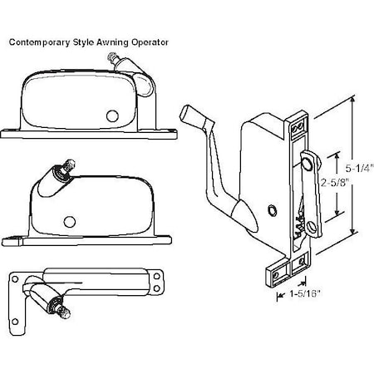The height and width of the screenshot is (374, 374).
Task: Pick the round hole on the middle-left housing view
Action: [x=69, y=220]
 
